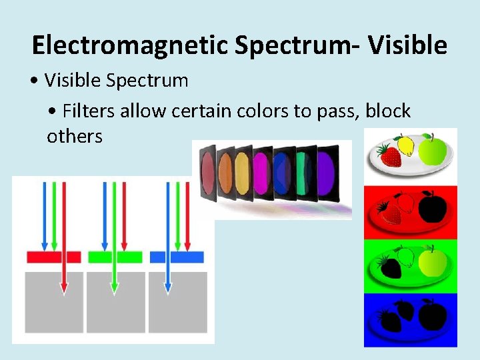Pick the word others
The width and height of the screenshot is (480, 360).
[x=74, y=137]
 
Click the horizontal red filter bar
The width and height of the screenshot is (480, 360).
[x=53, y=257]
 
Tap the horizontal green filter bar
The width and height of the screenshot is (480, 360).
[x=115, y=257]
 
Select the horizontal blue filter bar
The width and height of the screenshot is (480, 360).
[x=177, y=257]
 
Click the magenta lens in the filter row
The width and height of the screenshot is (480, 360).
[x=261, y=172]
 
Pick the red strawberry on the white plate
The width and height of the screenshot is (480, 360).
[x=390, y=156]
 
